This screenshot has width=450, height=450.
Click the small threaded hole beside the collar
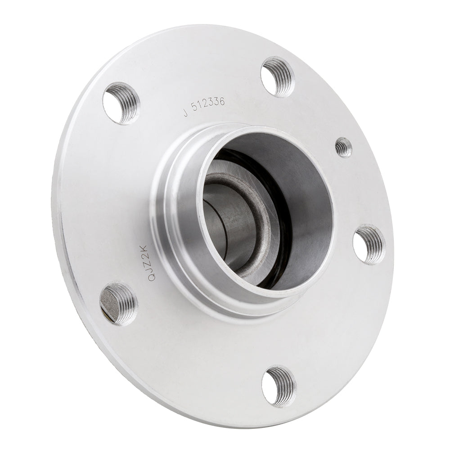coord(344,147)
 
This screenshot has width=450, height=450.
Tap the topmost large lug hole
coord(278,76)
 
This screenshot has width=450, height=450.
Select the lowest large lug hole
coord(279,386)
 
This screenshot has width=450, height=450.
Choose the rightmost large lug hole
coord(369,244)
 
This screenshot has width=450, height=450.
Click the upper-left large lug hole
coord(121,103)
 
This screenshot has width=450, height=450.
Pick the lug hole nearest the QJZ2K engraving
coord(118,303)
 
